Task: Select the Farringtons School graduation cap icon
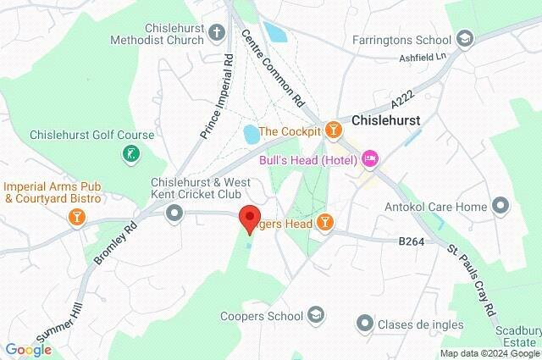click(464, 38)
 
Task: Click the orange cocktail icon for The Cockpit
click(335, 130)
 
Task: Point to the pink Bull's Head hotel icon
click(369, 158)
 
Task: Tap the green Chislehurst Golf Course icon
click(132, 155)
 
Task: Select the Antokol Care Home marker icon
click(501, 206)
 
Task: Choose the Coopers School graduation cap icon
click(316, 316)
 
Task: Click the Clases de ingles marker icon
click(365, 324)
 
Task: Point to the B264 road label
click(410, 241)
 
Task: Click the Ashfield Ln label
click(422, 58)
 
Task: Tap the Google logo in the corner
click(28, 349)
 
